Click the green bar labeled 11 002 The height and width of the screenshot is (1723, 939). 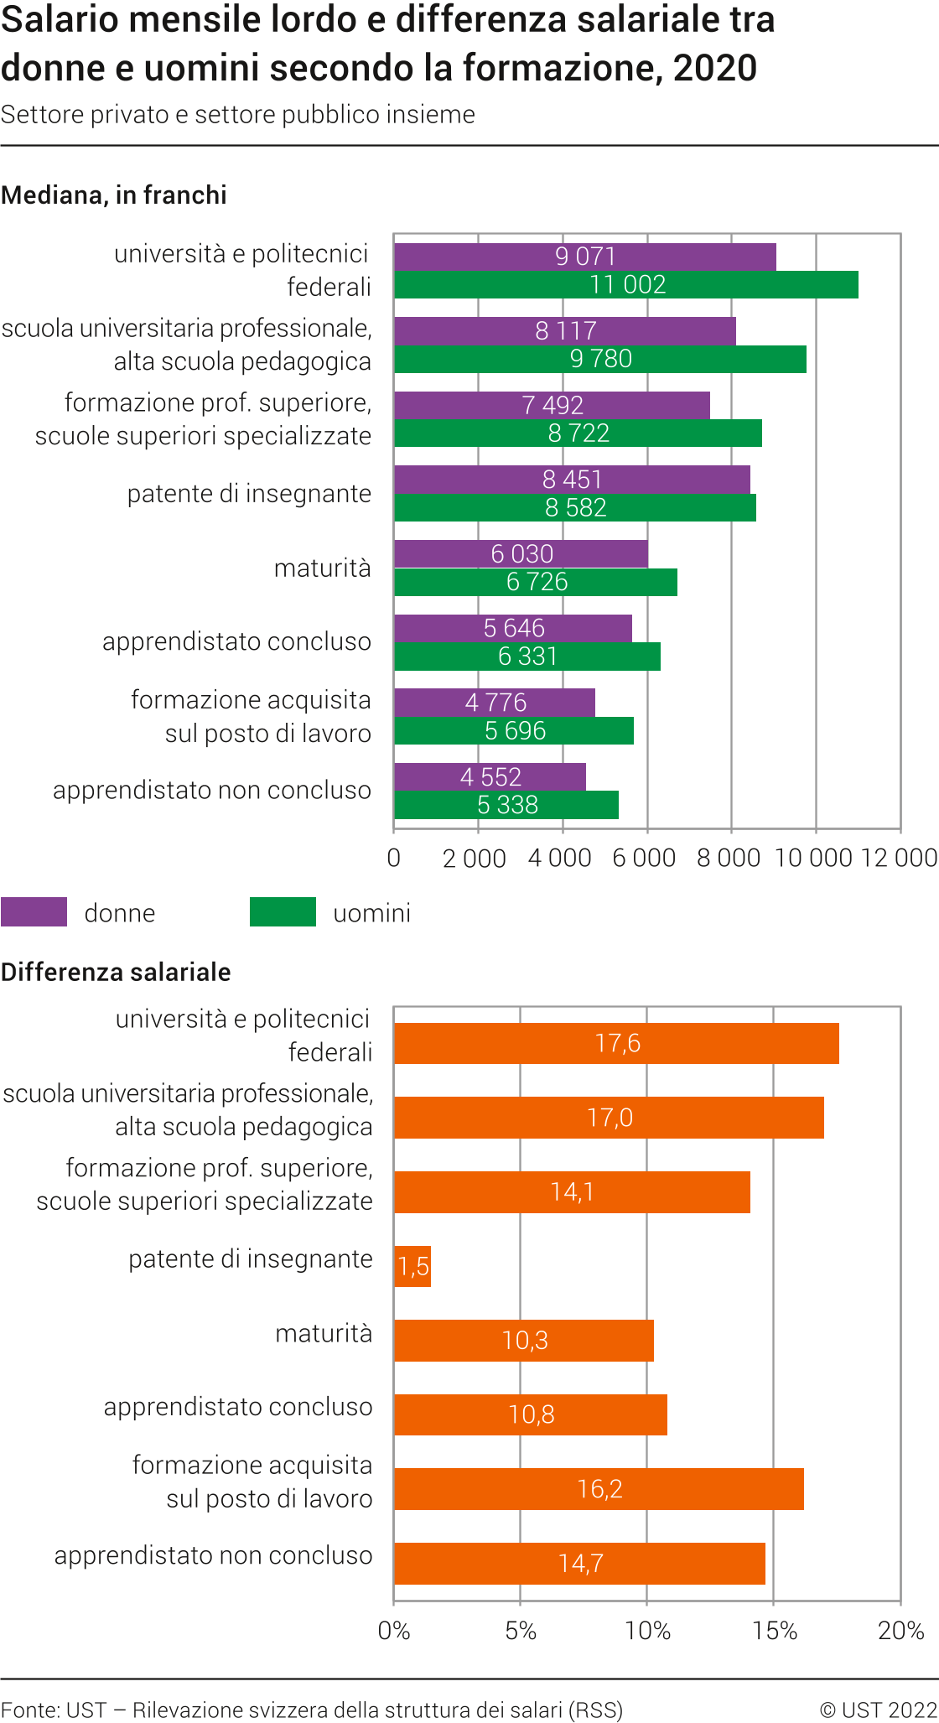[x=625, y=285]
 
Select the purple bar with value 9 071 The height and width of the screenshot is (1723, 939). [x=584, y=257]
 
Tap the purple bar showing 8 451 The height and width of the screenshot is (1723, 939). [x=572, y=480]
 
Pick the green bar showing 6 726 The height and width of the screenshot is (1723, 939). [x=536, y=582]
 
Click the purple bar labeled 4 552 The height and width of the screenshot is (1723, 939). [x=490, y=777]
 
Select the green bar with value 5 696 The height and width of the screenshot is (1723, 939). [x=514, y=731]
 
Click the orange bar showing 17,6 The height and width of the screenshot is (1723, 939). [x=616, y=1043]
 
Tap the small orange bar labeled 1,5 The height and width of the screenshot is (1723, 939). [x=412, y=1266]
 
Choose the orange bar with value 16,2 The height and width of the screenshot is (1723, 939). [x=599, y=1489]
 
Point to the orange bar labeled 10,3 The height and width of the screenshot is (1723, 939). [x=524, y=1341]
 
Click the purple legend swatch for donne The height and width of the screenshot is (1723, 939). [x=34, y=912]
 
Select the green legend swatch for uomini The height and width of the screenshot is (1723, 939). [x=283, y=912]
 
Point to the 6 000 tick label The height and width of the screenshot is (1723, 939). [x=644, y=858]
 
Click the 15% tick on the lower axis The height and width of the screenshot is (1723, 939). [x=774, y=1631]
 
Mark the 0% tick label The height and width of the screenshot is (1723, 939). [x=394, y=1631]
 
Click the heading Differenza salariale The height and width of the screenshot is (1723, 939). [x=116, y=973]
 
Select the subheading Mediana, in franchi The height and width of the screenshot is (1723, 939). [x=114, y=195]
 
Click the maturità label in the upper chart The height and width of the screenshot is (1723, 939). [x=323, y=568]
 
